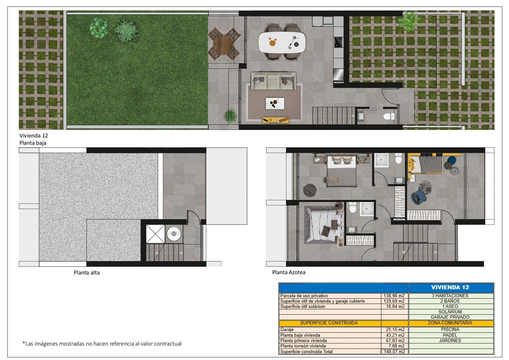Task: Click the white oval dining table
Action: [282, 42]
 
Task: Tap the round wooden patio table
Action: [224, 45]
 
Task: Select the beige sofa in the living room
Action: [274, 81]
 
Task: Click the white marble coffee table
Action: [275, 103]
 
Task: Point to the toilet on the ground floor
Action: [389, 116]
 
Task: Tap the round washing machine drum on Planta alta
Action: [174, 233]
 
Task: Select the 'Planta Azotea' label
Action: [288, 272]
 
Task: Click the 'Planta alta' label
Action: [87, 272]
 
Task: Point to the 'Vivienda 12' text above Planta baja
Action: [34, 136]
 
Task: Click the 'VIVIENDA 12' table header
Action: [450, 287]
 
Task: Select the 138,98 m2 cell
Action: [394, 296]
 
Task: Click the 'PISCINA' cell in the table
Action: [450, 329]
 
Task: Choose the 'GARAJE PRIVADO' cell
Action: [450, 317]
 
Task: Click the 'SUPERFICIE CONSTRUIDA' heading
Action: [329, 323]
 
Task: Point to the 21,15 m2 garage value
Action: [395, 329]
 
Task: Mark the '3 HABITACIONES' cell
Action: [450, 296]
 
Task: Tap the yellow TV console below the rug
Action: [276, 120]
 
